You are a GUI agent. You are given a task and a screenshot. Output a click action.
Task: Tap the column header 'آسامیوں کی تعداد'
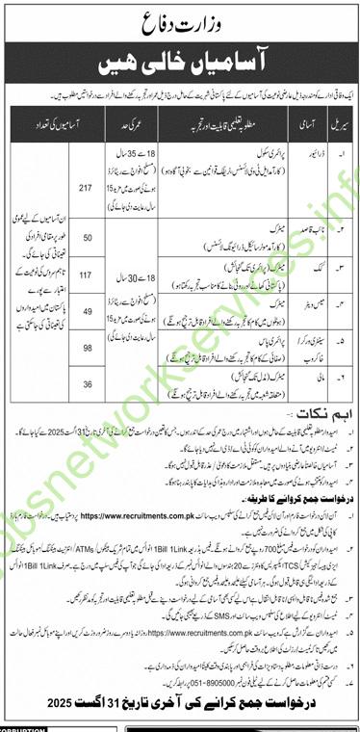[x=67, y=114]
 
